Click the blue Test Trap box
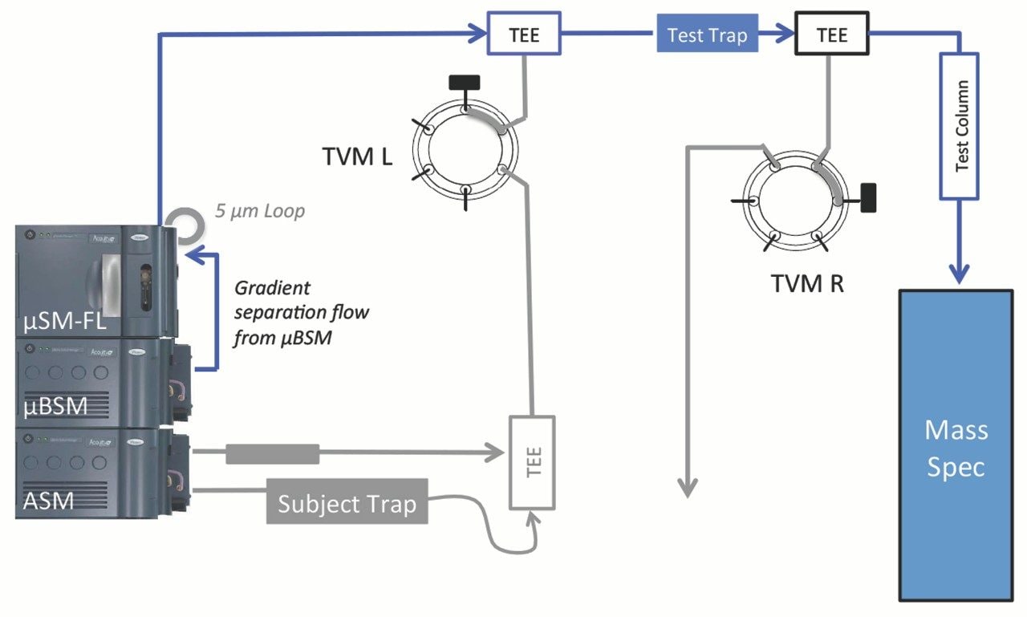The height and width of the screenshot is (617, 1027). pos(707,35)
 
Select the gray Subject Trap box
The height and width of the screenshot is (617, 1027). pos(347,504)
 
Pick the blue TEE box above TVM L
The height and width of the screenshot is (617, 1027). pos(525,35)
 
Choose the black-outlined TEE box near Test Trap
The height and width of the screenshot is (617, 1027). pos(831,35)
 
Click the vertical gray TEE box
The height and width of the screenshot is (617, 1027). pos(532,462)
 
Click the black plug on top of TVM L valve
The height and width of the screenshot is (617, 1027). pos(465,81)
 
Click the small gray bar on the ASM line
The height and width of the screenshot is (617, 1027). pos(272,454)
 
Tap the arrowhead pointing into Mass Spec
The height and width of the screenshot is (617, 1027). pos(961,273)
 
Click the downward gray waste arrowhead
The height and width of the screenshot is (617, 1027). pos(687,487)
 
